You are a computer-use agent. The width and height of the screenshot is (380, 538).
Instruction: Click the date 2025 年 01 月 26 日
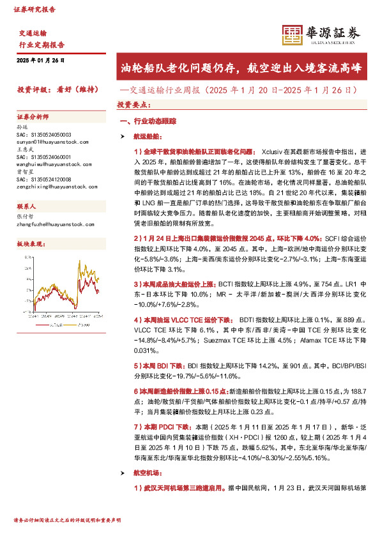tap(41, 60)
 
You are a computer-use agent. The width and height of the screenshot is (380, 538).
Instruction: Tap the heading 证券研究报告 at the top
tap(34, 10)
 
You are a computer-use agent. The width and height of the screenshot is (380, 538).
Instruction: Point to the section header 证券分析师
tap(33, 117)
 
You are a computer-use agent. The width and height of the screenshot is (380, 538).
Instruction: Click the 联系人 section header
tap(27, 207)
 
